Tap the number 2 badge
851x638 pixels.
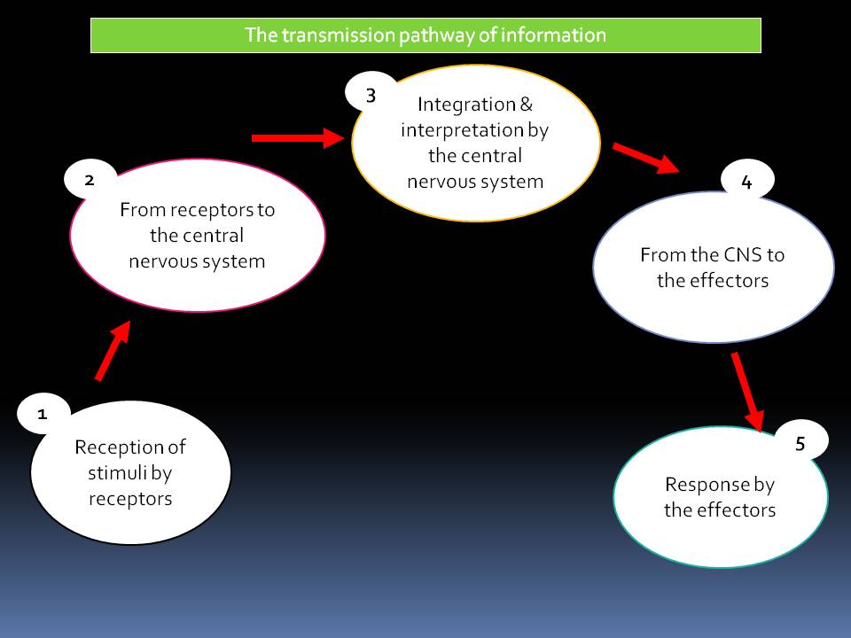90,180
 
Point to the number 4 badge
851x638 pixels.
746,182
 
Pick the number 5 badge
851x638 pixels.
800,444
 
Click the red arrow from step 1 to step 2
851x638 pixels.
113,351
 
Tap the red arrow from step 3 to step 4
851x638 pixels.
645,157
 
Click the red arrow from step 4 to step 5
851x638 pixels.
747,390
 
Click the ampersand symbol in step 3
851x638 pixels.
526,105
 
